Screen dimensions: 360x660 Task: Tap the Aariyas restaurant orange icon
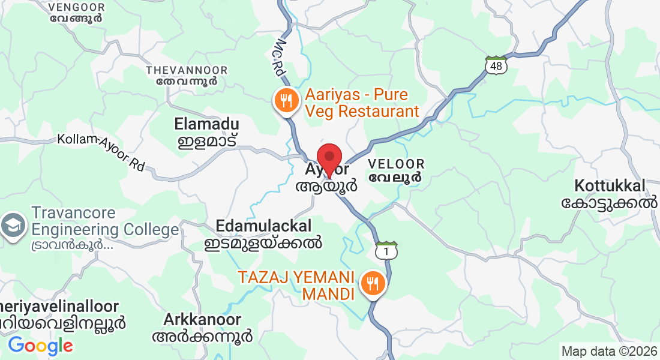[287, 100]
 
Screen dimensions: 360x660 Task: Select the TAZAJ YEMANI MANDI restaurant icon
[373, 283]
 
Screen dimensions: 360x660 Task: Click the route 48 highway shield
[497, 65]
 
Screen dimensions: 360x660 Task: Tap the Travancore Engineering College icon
[12, 226]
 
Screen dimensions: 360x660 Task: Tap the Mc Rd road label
[281, 58]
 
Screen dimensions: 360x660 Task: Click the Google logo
[40, 346]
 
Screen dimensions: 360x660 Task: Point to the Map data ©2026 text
[608, 350]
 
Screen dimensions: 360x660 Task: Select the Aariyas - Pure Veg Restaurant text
[362, 103]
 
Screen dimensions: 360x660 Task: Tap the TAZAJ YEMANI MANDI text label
[298, 286]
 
